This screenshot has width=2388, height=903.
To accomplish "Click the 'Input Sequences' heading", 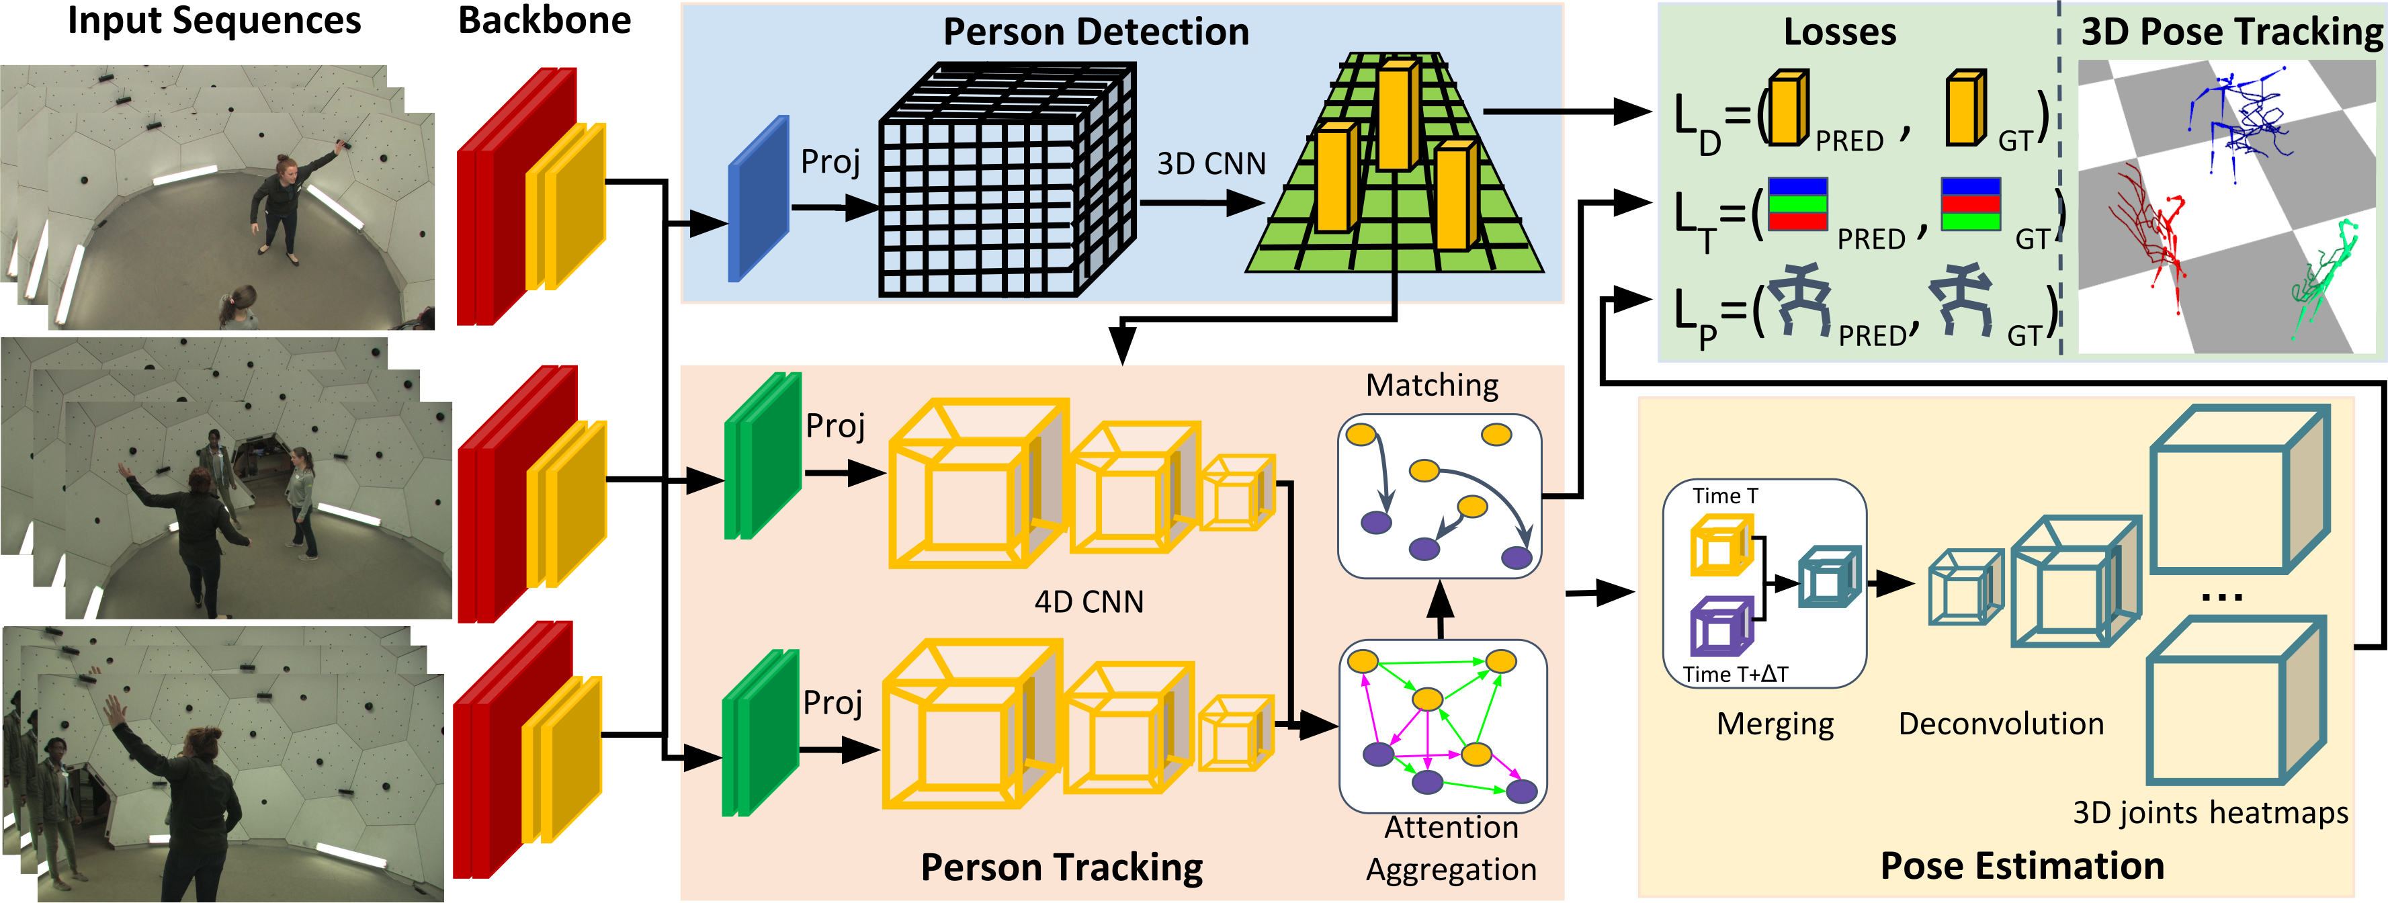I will [x=214, y=20].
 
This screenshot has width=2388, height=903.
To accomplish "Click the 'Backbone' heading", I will [x=544, y=20].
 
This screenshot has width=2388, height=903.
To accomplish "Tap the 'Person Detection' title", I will [x=1096, y=32].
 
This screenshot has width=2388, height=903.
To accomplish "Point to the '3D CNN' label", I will [x=1211, y=164].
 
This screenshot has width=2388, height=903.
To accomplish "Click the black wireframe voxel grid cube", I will [x=1007, y=180].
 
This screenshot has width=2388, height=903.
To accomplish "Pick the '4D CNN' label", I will [x=1089, y=603].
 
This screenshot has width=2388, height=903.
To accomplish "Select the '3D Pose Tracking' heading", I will [x=2230, y=32].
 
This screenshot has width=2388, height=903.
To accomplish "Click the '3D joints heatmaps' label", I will [x=2210, y=813].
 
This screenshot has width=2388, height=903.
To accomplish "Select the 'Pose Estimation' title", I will [x=2022, y=866].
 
